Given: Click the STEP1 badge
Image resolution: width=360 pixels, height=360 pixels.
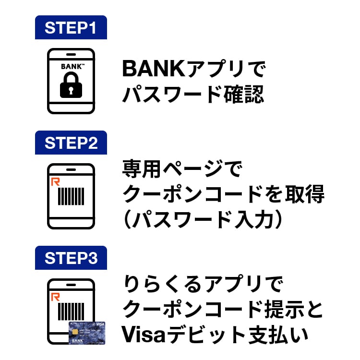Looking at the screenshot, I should pyautogui.click(x=71, y=28).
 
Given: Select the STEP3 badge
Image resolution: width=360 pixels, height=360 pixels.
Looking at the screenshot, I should pyautogui.click(x=71, y=258).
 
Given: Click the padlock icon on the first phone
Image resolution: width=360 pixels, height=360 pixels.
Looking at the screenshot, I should pyautogui.click(x=71, y=85).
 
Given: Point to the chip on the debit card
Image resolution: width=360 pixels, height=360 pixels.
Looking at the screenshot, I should pyautogui.click(x=76, y=331).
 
